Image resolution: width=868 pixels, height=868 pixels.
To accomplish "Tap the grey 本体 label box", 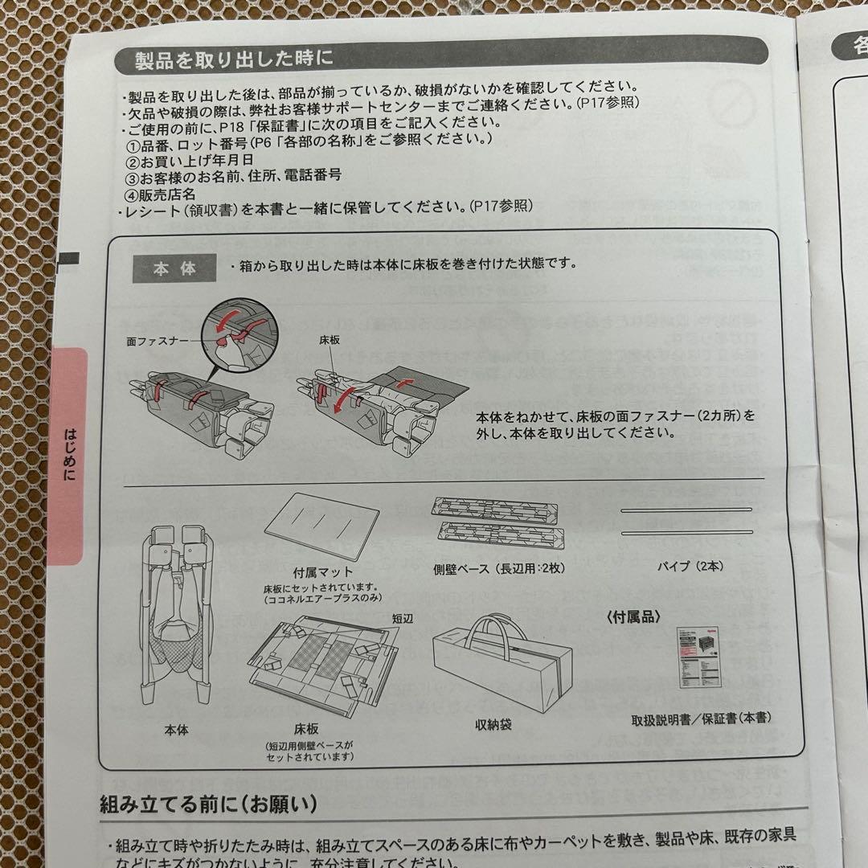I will (174, 268).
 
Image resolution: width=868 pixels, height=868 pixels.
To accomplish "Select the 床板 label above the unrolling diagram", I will (329, 341).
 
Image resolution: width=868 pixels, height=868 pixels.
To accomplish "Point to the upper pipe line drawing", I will (686, 510).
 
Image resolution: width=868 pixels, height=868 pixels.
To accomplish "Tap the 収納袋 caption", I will (493, 724).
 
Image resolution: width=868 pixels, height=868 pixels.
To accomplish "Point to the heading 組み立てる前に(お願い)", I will (208, 803).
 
